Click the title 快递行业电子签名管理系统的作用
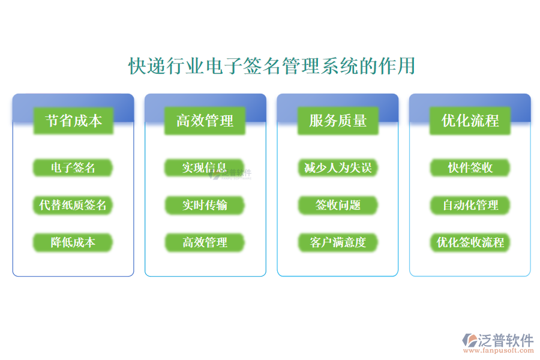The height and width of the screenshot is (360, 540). (x=272, y=66)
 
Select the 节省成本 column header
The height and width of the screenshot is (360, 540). (x=73, y=121)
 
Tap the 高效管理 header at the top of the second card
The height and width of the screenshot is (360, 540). (x=205, y=121)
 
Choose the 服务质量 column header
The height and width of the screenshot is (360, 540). (x=338, y=121)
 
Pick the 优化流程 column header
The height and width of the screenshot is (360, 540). (x=470, y=121)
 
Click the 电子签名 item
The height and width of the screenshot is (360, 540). (x=73, y=167)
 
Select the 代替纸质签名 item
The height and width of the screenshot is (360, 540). (x=73, y=205)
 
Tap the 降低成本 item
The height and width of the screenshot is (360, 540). (x=73, y=242)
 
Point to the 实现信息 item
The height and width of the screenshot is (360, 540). (x=205, y=167)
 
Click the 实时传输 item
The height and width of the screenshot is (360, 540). (x=205, y=205)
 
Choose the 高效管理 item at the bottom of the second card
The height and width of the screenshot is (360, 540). (x=205, y=242)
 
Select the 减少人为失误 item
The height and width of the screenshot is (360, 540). (x=338, y=167)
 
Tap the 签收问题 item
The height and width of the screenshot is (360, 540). (x=338, y=205)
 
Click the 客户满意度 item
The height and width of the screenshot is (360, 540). (x=338, y=242)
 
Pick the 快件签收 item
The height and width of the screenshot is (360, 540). (x=470, y=167)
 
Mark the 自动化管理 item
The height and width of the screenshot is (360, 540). (x=470, y=205)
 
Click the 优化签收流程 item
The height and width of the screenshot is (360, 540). (x=470, y=242)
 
